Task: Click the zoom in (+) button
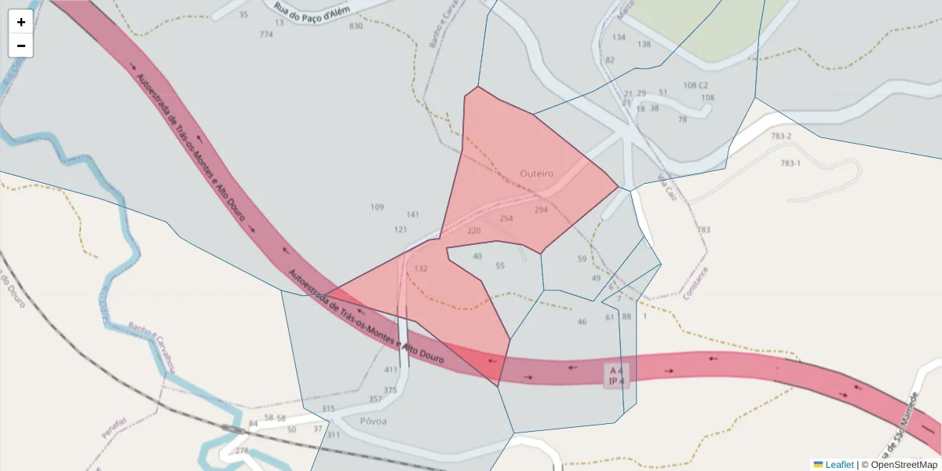click(21, 22)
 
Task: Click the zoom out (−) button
click(21, 46)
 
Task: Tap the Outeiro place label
click(537, 173)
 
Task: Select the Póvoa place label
click(373, 421)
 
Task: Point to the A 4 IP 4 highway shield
click(616, 375)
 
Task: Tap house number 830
click(356, 26)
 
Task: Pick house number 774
click(266, 35)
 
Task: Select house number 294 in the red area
click(541, 210)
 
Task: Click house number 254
click(506, 218)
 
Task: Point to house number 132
click(421, 268)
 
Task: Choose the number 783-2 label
click(781, 137)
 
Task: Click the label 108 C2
click(696, 85)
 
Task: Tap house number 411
click(391, 370)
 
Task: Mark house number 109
click(377, 207)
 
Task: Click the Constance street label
click(696, 283)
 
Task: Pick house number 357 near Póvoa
click(375, 400)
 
